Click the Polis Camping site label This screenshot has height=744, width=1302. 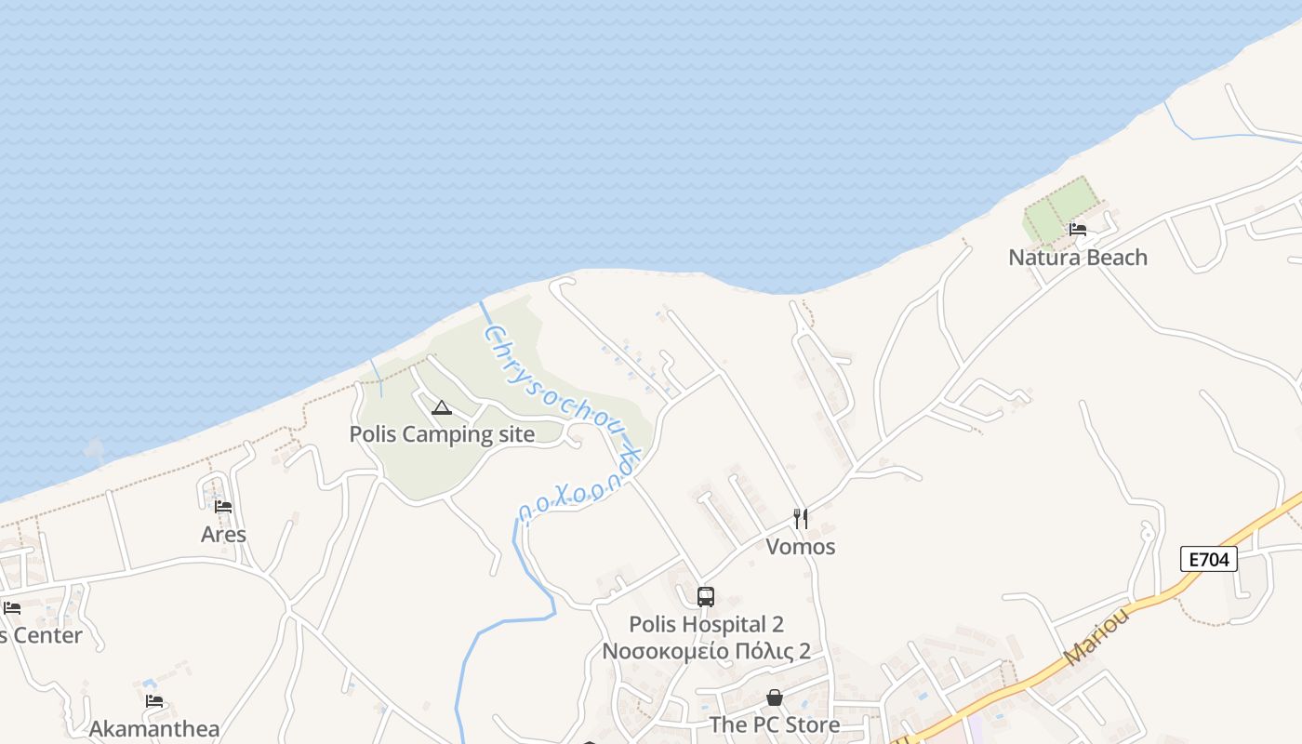[x=442, y=434]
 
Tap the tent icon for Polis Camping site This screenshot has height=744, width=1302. [x=442, y=407]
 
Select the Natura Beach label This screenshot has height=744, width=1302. [x=1078, y=258]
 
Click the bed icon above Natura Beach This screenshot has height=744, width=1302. [x=1078, y=229]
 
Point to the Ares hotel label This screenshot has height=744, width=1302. [x=223, y=535]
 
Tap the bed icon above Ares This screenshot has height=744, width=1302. [x=223, y=507]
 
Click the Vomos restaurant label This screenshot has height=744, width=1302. [x=801, y=547]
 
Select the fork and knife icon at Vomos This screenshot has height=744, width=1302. [x=800, y=518]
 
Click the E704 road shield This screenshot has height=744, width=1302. [x=1209, y=559]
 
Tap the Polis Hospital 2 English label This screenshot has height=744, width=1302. [x=706, y=625]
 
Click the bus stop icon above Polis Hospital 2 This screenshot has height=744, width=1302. [x=706, y=597]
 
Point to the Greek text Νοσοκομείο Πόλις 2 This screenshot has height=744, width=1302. [x=706, y=651]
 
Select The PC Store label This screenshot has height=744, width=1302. [x=774, y=724]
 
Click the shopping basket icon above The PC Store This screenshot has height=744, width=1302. [x=774, y=697]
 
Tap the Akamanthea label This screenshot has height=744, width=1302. [x=154, y=729]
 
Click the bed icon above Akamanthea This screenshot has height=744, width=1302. [x=154, y=701]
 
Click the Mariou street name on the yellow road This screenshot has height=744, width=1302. [x=1096, y=638]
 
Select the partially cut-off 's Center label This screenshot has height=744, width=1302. [x=41, y=636]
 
